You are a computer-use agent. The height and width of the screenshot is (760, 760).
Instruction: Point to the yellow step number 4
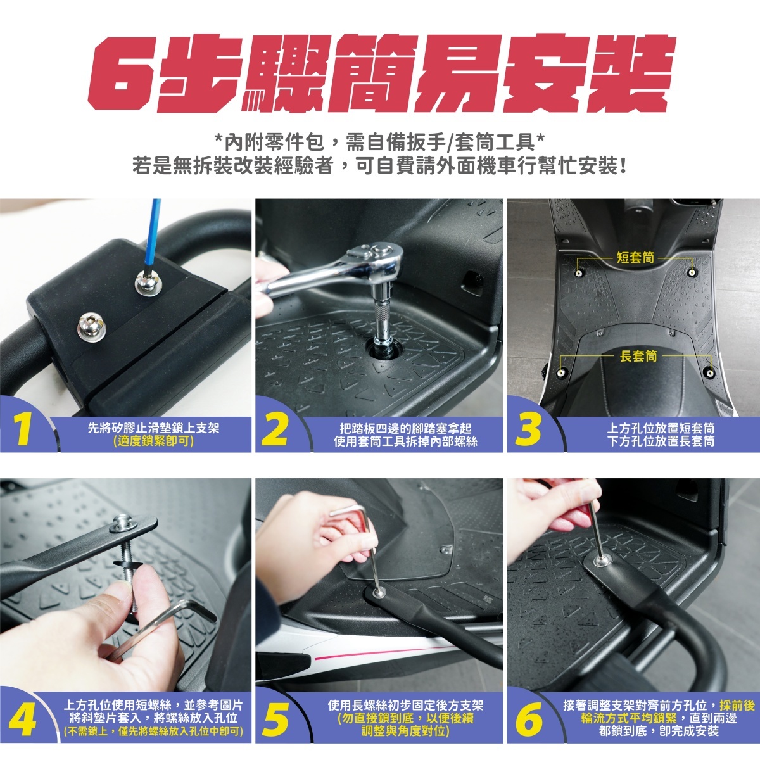coord(22,721)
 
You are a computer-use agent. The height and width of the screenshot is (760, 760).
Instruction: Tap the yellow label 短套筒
coord(635,258)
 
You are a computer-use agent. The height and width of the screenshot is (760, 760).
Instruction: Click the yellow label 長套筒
coord(638,356)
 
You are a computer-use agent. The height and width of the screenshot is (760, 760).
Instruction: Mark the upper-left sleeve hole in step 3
coord(578,274)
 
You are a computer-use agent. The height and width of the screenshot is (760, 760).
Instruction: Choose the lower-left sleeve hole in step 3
coord(560,372)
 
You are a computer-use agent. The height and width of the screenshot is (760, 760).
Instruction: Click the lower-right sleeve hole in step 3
coord(711,372)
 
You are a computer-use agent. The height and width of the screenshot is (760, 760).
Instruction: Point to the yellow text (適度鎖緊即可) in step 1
coord(153,441)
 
